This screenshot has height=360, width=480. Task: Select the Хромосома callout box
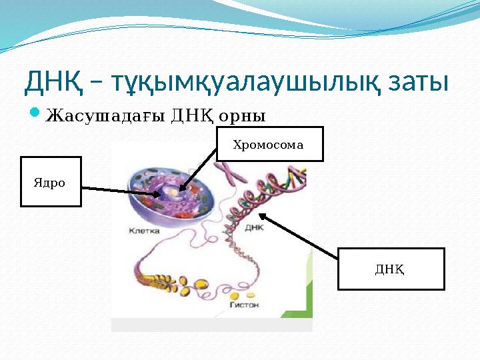point(269,144)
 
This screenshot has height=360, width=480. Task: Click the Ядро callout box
point(51,181)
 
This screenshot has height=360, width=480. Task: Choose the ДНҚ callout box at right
point(391,269)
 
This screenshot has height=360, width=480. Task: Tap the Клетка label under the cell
point(144,231)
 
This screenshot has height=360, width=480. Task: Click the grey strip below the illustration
point(211,325)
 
